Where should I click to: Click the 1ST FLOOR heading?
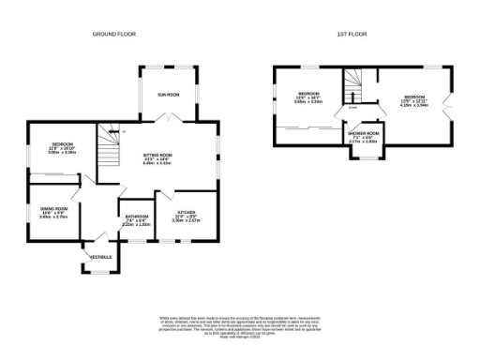pos(352,34)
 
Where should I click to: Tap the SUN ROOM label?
pos(169,95)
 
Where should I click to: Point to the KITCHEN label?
pos(187,212)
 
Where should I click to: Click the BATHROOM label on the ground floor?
pos(138,217)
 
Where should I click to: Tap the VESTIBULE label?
pos(100,256)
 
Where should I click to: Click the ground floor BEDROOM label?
pos(64,142)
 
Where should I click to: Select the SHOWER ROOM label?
pos(363,134)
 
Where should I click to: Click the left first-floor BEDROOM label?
pos(309,95)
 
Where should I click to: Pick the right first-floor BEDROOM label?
pos(414,97)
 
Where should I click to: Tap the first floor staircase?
pos(353,93)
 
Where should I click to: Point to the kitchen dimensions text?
pos(187,221)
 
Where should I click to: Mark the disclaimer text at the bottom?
pos(239,324)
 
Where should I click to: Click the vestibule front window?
pos(99,273)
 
